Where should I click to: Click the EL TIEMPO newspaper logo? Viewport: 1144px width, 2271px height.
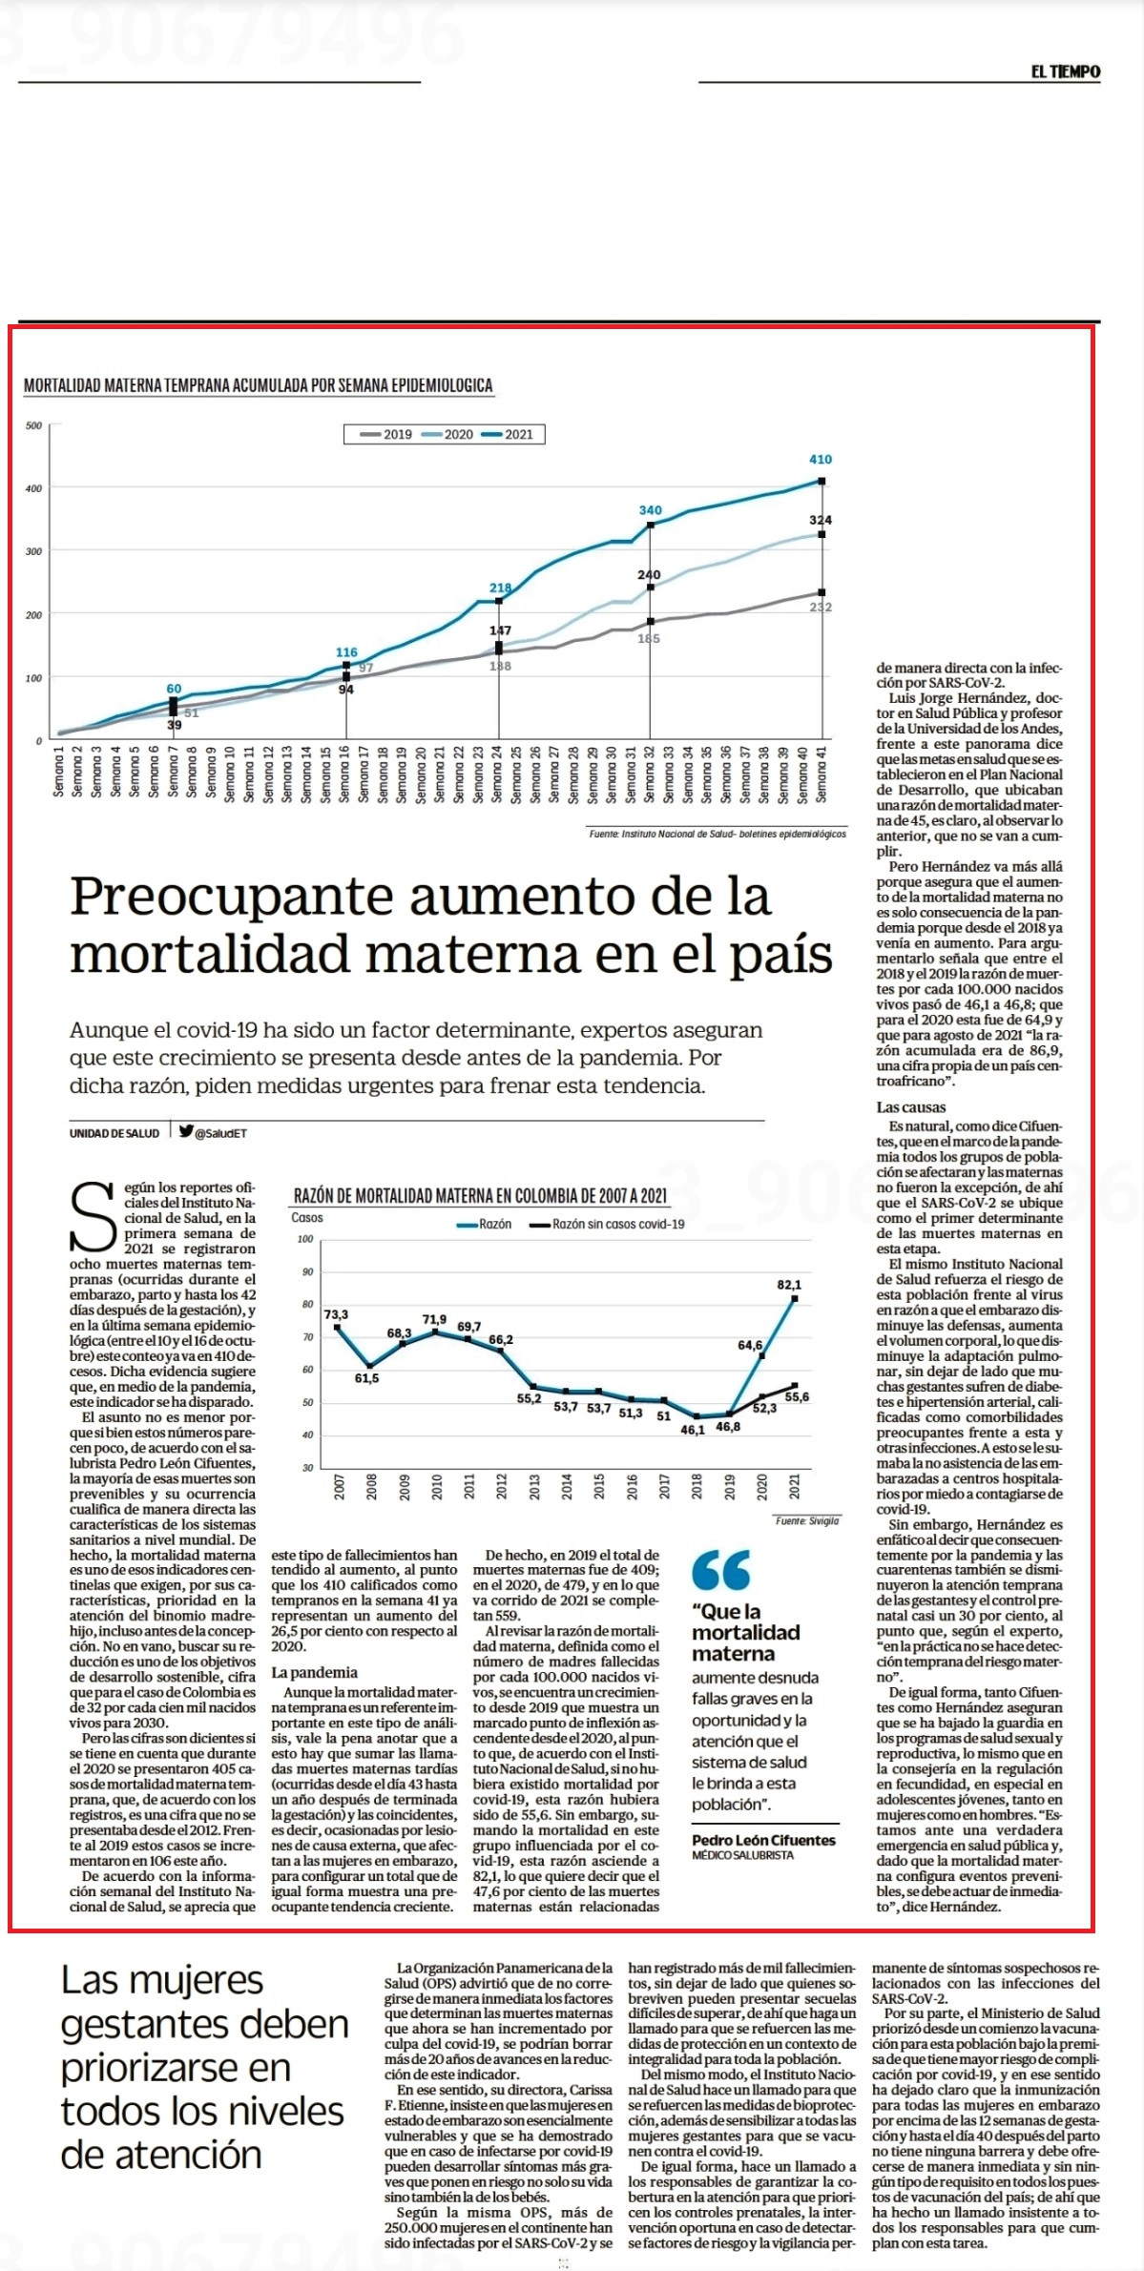pyautogui.click(x=1065, y=72)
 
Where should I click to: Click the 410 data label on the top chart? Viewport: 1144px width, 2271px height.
pyautogui.click(x=821, y=460)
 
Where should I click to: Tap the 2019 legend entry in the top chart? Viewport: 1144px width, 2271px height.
pyautogui.click(x=387, y=434)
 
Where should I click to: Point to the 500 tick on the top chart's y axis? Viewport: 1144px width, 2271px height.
pyautogui.click(x=33, y=425)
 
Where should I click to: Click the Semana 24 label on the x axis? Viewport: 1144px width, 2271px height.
pyautogui.click(x=497, y=774)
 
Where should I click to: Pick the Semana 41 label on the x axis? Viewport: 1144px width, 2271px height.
pyautogui.click(x=822, y=774)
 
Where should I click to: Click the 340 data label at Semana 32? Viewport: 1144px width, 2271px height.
pyautogui.click(x=650, y=511)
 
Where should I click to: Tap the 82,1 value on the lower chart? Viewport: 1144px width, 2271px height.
pyautogui.click(x=789, y=1285)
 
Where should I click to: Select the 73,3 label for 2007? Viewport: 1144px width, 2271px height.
pyautogui.click(x=337, y=1314)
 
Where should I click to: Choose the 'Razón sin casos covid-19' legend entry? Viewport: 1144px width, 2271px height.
pyautogui.click(x=607, y=1224)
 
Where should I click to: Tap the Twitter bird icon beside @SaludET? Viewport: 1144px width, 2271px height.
pyautogui.click(x=185, y=1132)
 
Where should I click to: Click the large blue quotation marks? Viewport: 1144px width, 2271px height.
pyautogui.click(x=721, y=1569)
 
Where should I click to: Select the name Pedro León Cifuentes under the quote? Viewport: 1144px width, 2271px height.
pyautogui.click(x=763, y=1840)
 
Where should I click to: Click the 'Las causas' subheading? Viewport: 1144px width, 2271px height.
pyautogui.click(x=911, y=1107)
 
